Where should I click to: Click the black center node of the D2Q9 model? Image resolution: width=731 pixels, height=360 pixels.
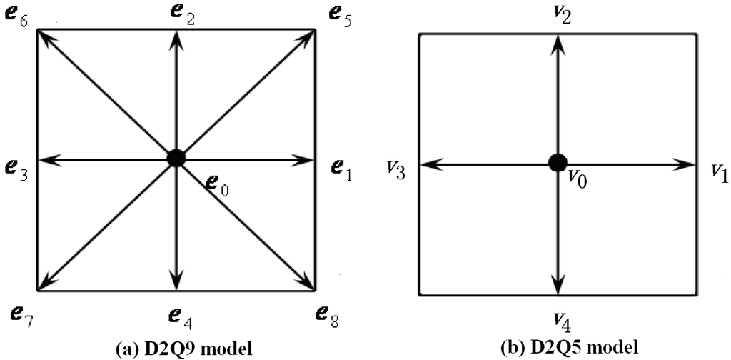tap(176, 158)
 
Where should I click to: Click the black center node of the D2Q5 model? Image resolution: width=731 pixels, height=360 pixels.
tap(558, 163)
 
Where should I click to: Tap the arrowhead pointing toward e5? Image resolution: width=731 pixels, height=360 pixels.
tap(308, 36)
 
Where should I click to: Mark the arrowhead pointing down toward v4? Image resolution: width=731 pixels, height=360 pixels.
tap(558, 284)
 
